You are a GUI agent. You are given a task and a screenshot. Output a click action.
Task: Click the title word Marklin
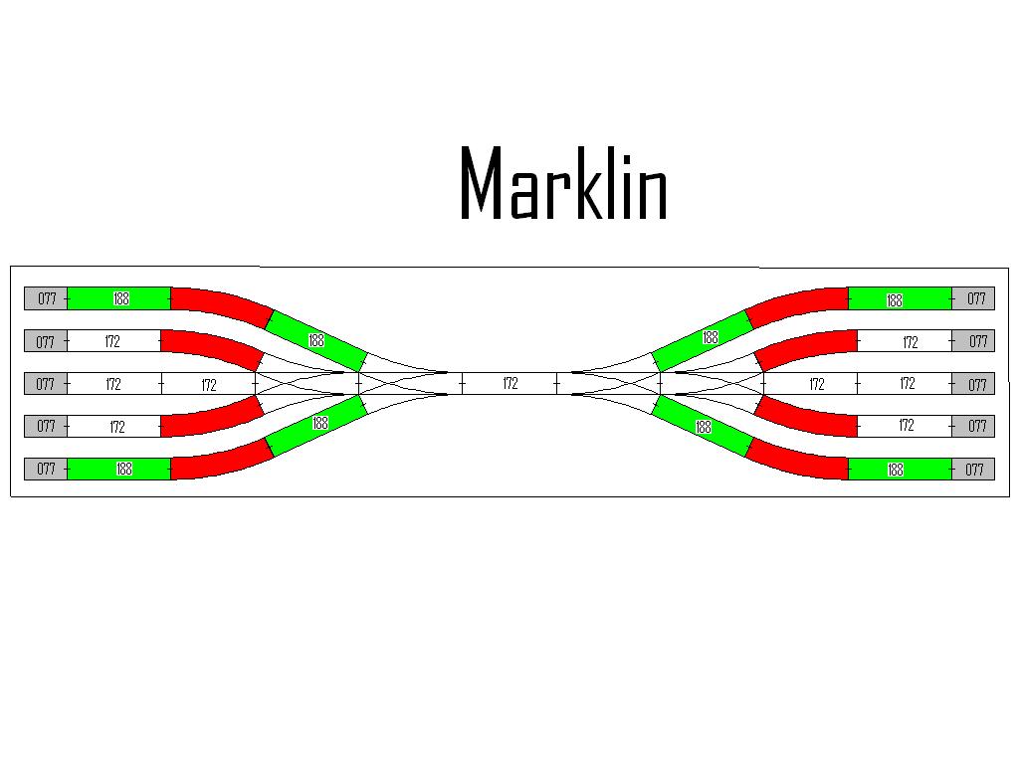click(x=563, y=183)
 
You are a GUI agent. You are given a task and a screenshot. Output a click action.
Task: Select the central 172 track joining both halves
click(x=509, y=383)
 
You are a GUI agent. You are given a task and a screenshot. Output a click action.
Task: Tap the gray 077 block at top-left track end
click(x=46, y=298)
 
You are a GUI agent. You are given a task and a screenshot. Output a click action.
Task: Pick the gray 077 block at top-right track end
click(x=973, y=298)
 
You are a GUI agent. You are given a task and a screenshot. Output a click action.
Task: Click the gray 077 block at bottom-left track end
click(x=46, y=469)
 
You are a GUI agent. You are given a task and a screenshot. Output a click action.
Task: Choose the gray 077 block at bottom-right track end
click(x=973, y=470)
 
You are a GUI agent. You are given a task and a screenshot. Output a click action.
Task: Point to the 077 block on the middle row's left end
click(x=46, y=383)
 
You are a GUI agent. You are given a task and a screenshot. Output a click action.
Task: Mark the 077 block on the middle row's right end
click(x=973, y=383)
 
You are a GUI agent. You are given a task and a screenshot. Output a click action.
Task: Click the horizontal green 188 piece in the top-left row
click(x=119, y=298)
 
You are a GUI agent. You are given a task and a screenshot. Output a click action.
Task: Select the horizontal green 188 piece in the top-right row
click(x=900, y=298)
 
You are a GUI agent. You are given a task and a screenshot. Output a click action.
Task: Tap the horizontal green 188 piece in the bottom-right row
click(x=900, y=470)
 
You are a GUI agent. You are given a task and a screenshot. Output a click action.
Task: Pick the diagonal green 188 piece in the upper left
click(x=316, y=340)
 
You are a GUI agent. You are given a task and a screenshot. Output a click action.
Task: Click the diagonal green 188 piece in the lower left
click(x=316, y=426)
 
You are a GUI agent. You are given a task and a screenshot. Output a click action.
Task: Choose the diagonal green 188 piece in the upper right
click(x=703, y=340)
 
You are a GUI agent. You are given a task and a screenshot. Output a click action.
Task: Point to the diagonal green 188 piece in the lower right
click(x=703, y=426)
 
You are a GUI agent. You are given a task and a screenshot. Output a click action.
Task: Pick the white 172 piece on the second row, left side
click(x=113, y=341)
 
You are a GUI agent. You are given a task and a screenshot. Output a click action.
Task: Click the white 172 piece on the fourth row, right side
click(x=905, y=426)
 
